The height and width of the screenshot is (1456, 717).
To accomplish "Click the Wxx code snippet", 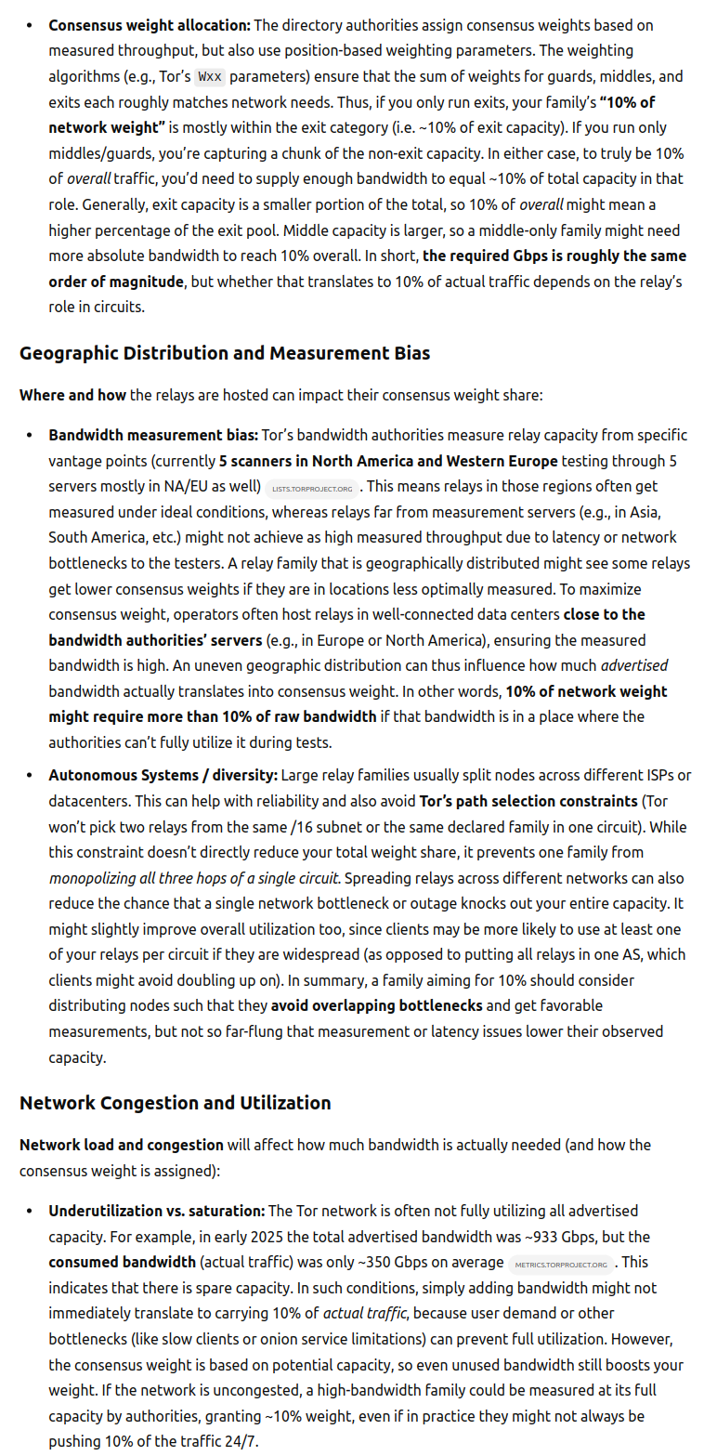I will coord(210,77).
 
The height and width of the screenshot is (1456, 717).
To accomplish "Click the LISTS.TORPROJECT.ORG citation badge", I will coord(312,488).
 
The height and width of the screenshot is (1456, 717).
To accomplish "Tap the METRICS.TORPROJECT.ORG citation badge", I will coord(560,1264).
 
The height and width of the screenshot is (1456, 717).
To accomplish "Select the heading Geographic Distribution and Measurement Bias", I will coord(224,353).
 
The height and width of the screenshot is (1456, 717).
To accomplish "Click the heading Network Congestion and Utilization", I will coord(175,1103).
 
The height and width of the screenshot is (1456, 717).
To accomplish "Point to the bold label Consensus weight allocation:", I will coord(150,26).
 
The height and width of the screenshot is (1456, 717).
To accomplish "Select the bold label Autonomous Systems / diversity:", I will coord(163,775).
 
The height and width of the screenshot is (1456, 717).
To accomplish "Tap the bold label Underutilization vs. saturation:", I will coord(157,1211).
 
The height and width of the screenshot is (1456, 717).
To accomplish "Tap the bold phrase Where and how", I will coord(72,395).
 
